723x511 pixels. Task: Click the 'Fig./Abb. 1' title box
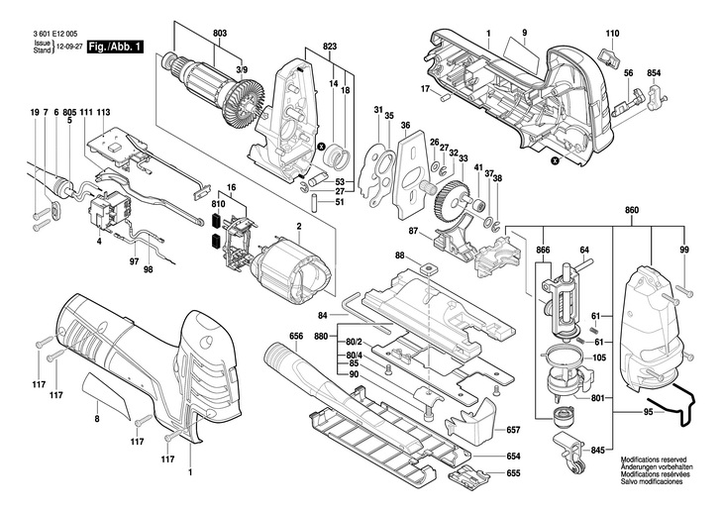pos(115,47)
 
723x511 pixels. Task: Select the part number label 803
pos(220,34)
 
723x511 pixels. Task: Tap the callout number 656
pos(296,336)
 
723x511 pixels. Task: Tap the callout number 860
pos(632,210)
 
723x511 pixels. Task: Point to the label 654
pos(513,457)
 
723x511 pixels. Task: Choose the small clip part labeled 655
pos(468,474)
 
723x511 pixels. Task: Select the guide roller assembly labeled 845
pos(570,453)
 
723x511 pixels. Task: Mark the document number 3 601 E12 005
pos(54,34)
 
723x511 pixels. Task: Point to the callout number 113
pos(104,112)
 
